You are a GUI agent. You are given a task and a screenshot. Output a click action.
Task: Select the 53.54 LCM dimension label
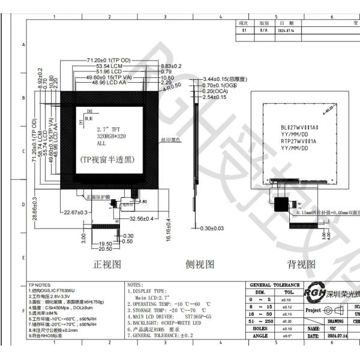coord(103,67)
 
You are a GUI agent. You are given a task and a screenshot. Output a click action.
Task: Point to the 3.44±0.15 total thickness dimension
coord(227,79)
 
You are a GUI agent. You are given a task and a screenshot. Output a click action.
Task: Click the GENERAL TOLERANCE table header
coord(274,285)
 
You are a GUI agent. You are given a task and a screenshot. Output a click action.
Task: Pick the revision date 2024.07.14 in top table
coord(287,28)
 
